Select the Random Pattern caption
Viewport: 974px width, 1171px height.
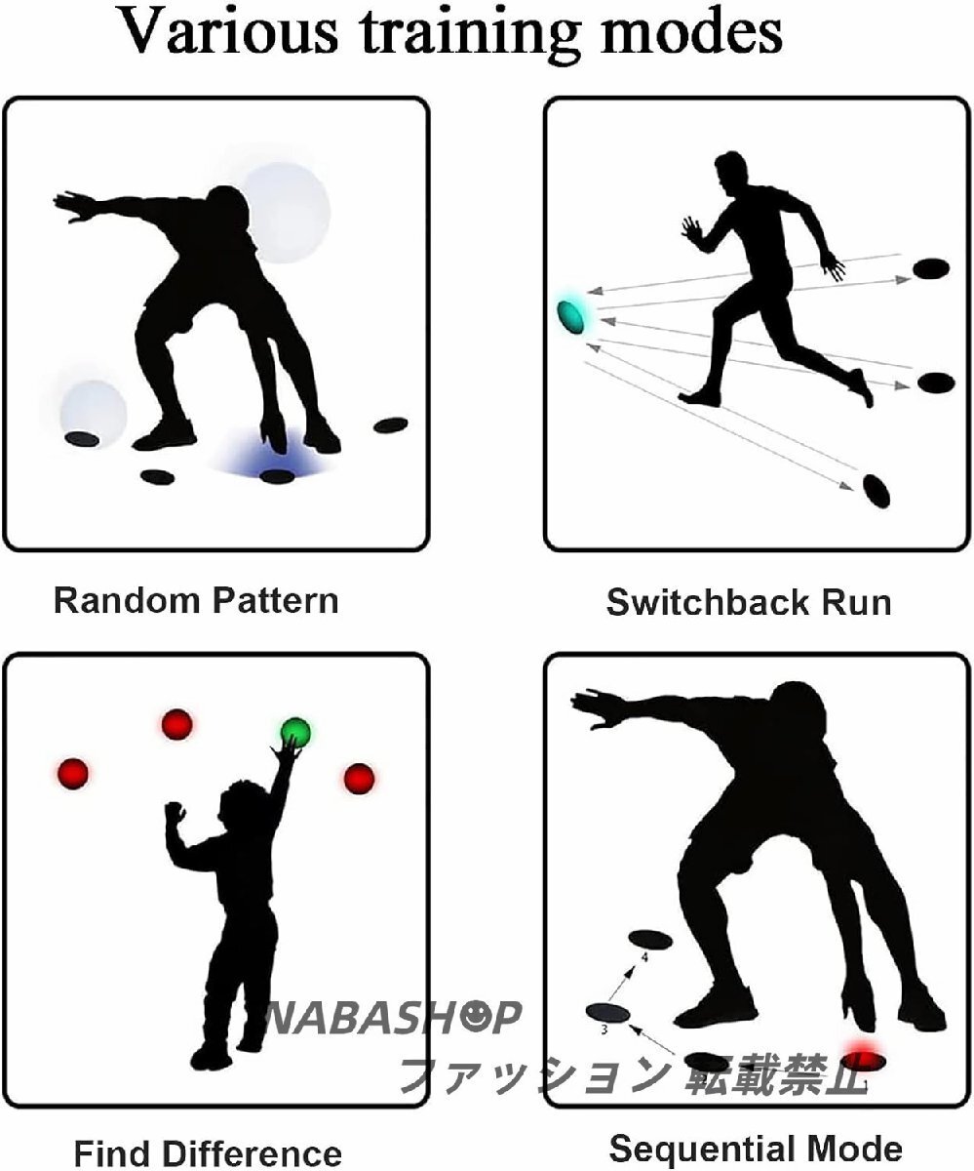coord(196,598)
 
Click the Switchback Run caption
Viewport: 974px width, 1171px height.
coord(748,602)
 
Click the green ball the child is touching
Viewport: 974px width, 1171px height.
coord(295,731)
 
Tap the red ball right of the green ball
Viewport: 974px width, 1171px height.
coord(359,778)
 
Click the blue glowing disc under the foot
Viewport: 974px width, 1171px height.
coord(277,475)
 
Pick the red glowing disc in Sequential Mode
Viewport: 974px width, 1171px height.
coord(864,1057)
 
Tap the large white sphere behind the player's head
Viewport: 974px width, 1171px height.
coord(285,212)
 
